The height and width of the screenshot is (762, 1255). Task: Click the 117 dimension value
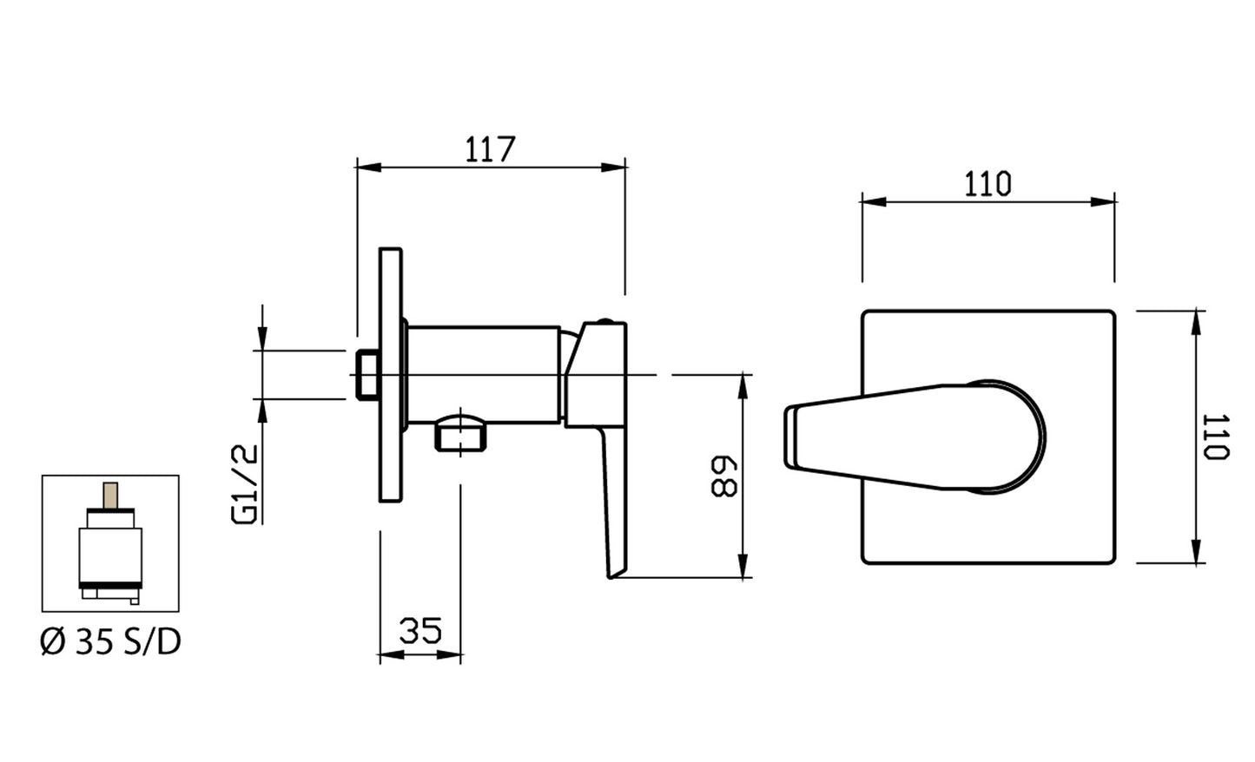[x=490, y=149]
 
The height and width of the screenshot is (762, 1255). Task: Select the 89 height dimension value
[x=723, y=477]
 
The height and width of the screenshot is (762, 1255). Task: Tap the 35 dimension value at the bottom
[x=420, y=630]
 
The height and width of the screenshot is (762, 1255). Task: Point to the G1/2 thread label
[x=245, y=484]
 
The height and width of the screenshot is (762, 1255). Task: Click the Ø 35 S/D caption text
[x=110, y=642]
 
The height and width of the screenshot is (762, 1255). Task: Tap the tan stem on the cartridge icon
[x=111, y=496]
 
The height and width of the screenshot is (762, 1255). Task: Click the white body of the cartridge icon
[x=110, y=555]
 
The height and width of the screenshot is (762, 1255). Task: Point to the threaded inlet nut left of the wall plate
[x=367, y=375]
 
